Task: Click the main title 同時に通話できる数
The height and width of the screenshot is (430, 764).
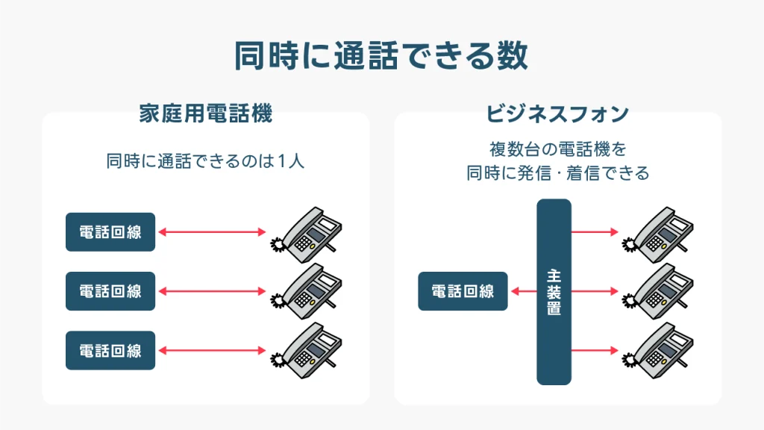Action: (381, 55)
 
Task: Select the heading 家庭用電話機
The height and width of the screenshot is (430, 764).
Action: (206, 113)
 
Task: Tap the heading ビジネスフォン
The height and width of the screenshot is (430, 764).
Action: (557, 114)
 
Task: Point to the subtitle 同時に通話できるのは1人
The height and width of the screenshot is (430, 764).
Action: (205, 161)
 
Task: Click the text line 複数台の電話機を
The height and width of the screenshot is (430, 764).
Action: (558, 149)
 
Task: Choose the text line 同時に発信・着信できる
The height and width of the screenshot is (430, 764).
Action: (558, 173)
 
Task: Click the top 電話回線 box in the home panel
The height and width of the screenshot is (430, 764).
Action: (110, 232)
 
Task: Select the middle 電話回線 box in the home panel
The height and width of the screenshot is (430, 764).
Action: (110, 291)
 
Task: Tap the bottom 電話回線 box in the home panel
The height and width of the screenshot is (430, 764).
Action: (110, 351)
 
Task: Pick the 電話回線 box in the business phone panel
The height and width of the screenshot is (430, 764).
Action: (463, 291)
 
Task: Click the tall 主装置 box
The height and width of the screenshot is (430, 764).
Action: (554, 292)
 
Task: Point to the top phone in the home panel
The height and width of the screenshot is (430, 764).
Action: (307, 234)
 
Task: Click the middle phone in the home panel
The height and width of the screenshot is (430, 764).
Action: (307, 292)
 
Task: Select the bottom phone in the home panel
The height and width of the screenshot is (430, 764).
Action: (307, 351)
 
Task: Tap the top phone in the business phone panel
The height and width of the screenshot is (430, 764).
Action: (658, 234)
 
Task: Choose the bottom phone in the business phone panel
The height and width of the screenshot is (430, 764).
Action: (658, 351)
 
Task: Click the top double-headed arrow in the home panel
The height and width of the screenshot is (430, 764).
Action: (213, 232)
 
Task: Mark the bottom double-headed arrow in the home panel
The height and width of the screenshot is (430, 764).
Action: (213, 351)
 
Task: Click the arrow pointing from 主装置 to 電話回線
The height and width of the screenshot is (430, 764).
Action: (524, 292)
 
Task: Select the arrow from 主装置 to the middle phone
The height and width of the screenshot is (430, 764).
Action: (595, 292)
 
